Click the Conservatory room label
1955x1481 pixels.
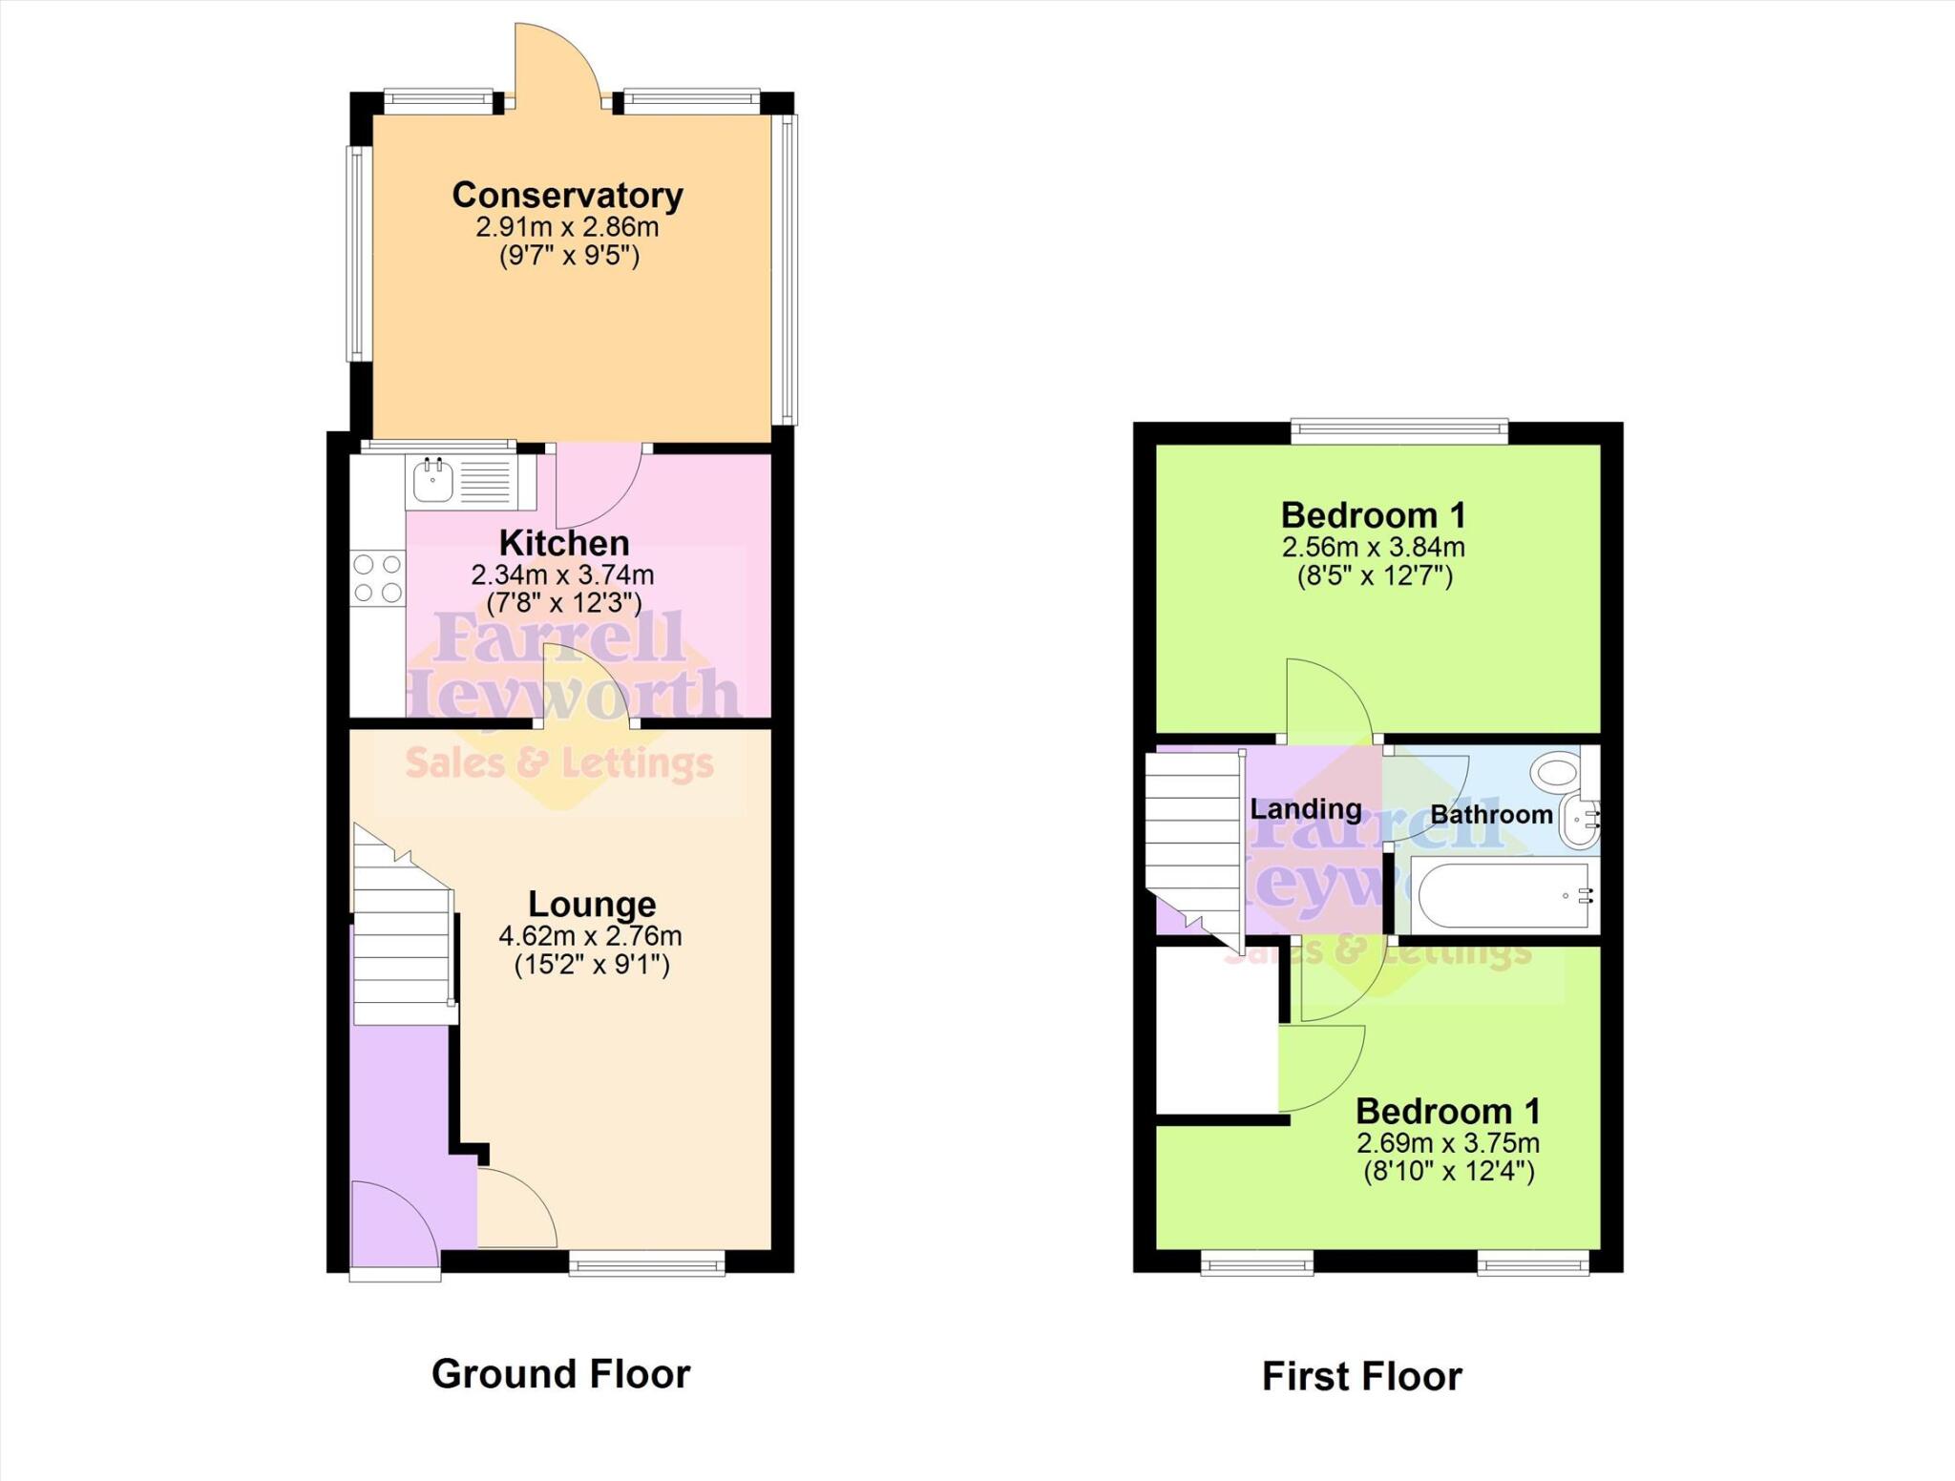point(567,195)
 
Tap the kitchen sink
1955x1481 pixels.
point(431,482)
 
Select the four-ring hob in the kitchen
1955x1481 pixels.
point(378,578)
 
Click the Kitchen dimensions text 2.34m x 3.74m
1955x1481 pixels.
point(562,575)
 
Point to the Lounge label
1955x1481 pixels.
point(592,904)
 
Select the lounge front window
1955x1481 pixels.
point(646,1265)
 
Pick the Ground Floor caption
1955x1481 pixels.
point(560,1374)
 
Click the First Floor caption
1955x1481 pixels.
point(1361,1377)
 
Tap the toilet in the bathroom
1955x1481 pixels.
point(1559,768)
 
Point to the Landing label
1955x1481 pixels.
point(1305,809)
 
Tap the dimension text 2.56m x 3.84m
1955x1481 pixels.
point(1373,548)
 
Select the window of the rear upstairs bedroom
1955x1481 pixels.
point(1399,431)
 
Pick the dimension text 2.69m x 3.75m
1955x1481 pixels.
point(1447,1143)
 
